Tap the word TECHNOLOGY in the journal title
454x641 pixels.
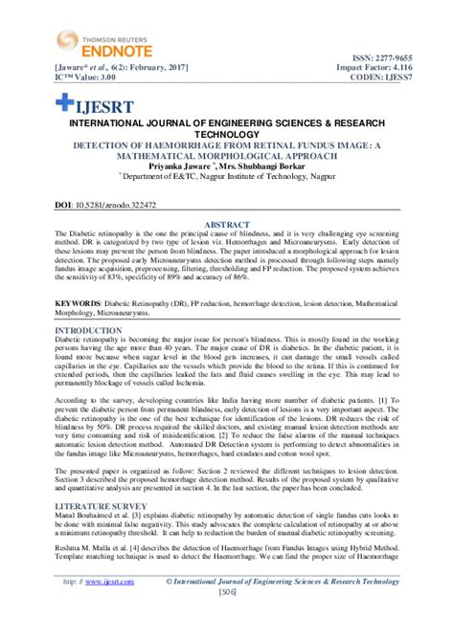click(227, 137)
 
